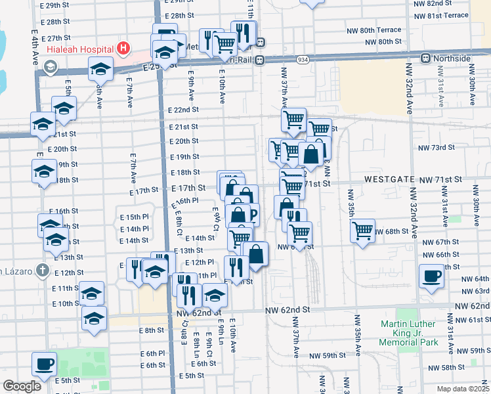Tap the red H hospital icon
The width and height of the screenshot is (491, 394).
122,49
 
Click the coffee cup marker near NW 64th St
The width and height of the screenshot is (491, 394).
431,276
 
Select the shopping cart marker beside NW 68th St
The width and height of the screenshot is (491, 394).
362,230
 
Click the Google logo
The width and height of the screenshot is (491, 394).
22,386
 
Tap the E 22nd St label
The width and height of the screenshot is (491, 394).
183,110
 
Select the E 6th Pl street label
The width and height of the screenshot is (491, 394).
152,353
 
